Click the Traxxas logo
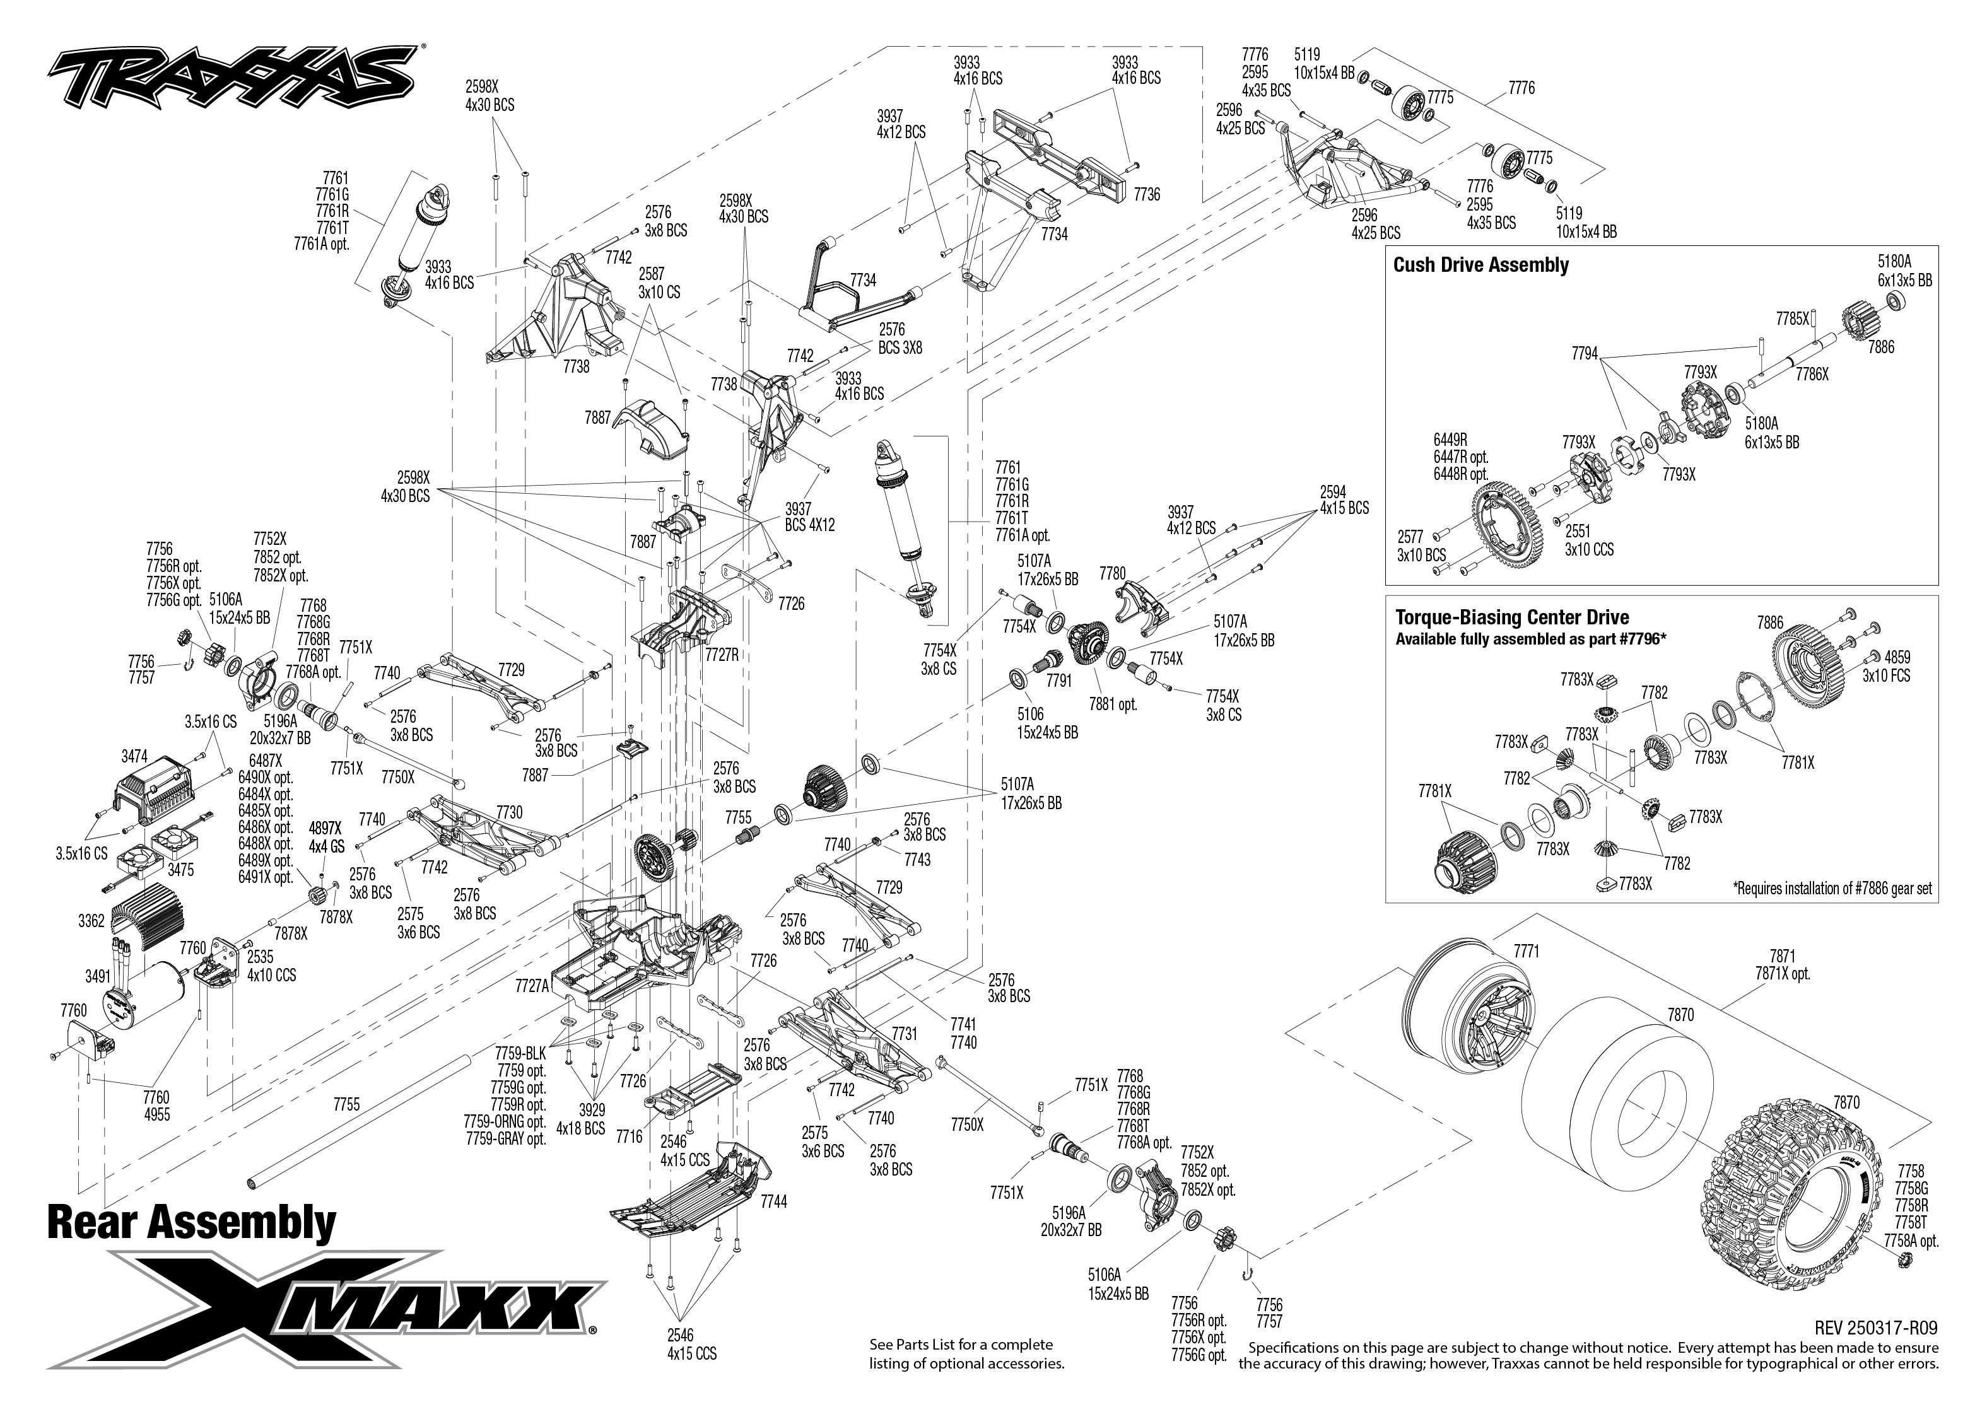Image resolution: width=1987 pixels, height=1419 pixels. pos(232,77)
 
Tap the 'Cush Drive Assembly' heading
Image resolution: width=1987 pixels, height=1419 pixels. pos(1480,266)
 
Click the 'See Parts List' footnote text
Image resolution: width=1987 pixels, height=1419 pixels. pos(966,1353)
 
